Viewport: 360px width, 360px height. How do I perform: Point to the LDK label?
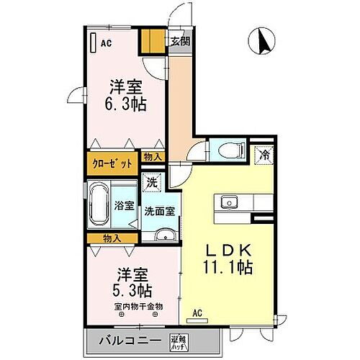230,251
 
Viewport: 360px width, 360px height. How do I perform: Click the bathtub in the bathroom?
98,204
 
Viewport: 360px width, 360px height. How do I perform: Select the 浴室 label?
124,206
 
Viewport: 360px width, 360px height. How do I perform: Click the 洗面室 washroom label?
158,212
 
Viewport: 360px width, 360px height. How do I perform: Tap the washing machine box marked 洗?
151,183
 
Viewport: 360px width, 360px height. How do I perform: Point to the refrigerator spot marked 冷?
264,153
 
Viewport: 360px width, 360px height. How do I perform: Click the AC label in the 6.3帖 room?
106,42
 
